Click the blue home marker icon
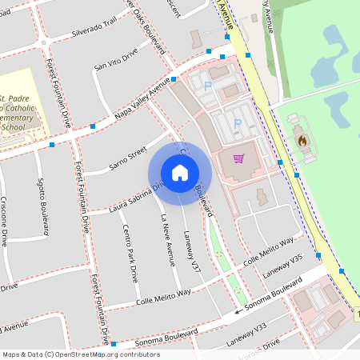pyautogui.click(x=179, y=173)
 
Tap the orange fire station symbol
pyautogui.click(x=302, y=140)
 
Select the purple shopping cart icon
pyautogui.click(x=238, y=158)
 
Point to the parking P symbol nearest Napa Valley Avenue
pyautogui.click(x=207, y=86)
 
